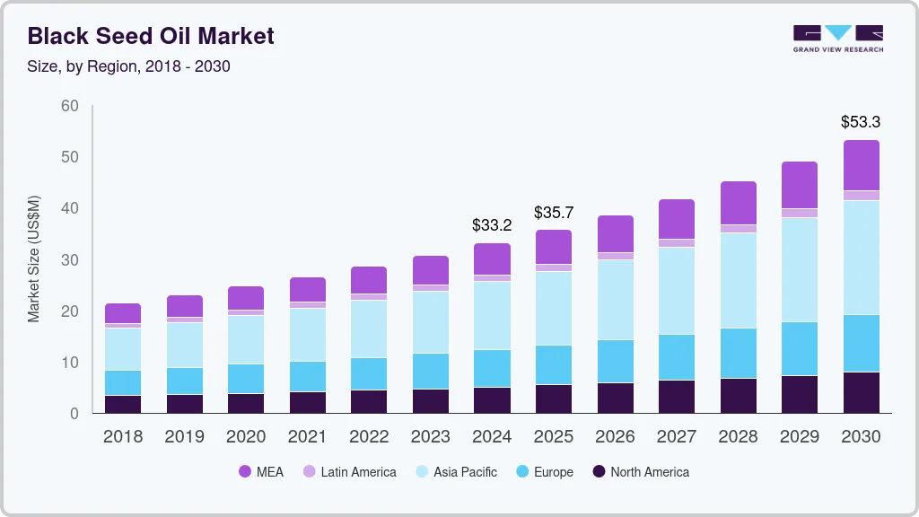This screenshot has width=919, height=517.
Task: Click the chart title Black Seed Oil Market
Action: point(151,36)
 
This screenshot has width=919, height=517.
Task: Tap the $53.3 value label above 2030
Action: point(861,121)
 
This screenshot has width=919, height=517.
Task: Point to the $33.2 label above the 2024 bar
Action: point(492,225)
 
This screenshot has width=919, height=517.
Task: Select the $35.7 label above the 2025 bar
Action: point(554,213)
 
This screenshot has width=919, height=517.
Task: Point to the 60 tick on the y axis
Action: point(69,106)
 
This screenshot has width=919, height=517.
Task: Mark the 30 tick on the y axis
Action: point(69,260)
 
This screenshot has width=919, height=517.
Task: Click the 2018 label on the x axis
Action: point(122,436)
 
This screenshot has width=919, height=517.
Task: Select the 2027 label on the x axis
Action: point(677,436)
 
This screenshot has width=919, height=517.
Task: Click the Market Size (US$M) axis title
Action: point(34,258)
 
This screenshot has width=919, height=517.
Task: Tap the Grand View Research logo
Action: point(837,38)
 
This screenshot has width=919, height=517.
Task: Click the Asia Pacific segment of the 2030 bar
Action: point(861,258)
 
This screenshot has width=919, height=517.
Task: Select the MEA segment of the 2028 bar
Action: point(739,203)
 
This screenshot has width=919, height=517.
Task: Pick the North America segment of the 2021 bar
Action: point(308,402)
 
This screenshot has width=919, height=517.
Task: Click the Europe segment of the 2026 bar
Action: point(616,361)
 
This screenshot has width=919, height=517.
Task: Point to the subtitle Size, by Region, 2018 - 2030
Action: point(129,66)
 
